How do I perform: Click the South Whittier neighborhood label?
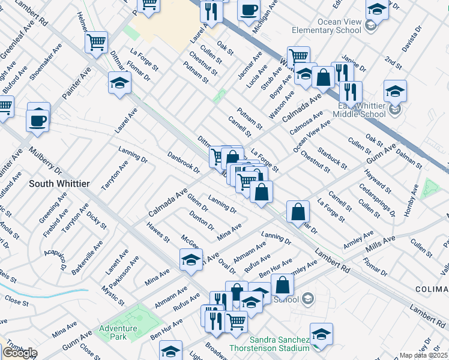(59, 183)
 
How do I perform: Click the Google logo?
(19, 353)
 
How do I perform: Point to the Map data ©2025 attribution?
(424, 355)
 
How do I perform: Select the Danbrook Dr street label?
(183, 161)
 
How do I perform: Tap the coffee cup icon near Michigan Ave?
(249, 10)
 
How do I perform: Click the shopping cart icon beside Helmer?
(97, 43)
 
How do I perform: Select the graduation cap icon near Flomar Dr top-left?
(119, 83)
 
